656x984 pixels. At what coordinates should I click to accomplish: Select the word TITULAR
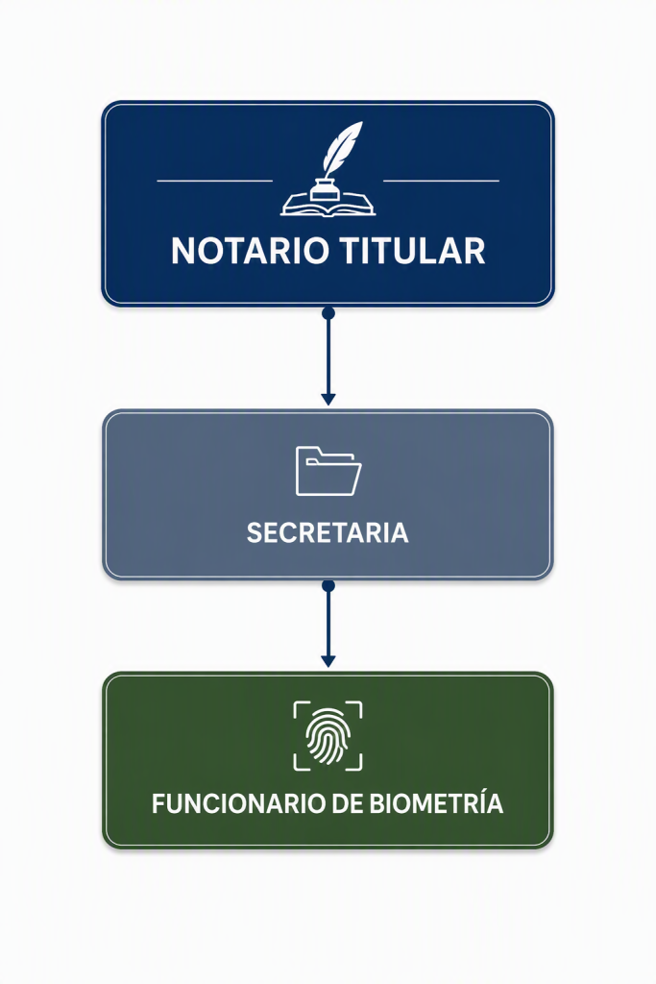point(412,251)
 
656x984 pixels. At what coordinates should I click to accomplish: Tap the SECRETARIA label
point(328,532)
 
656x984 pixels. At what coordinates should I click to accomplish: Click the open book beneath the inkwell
point(328,206)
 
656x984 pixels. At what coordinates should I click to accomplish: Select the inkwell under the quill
point(327,189)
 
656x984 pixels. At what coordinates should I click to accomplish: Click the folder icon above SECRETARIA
point(328,471)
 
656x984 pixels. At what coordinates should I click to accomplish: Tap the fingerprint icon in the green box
point(328,735)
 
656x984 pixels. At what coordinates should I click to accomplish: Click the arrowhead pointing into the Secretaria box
point(328,399)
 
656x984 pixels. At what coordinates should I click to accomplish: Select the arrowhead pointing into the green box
point(328,661)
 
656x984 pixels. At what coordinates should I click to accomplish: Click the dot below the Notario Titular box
point(328,313)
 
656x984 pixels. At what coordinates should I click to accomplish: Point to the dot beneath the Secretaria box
point(328,586)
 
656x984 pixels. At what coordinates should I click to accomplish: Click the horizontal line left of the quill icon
point(214,181)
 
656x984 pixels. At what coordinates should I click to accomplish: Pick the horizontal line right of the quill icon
point(441,181)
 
